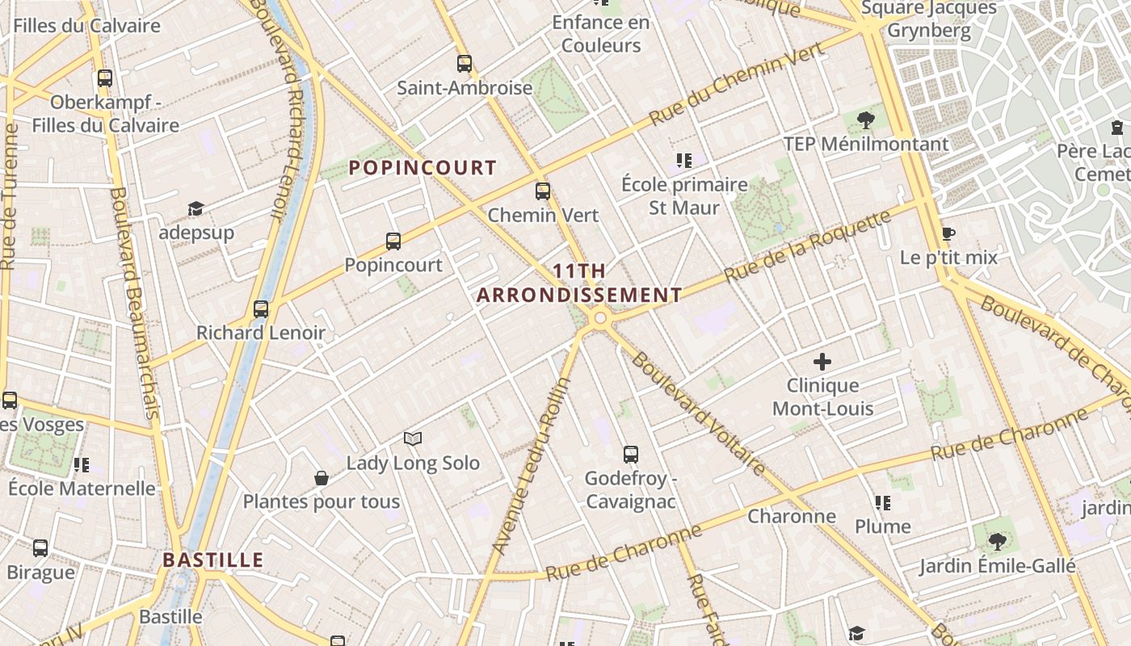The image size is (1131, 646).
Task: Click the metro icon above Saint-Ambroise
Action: (464, 63)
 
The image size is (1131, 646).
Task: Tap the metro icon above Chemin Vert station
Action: (543, 191)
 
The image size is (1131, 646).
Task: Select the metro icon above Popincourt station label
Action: (393, 241)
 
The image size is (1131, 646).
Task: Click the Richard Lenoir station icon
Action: (260, 308)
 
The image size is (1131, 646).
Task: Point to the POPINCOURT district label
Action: (423, 168)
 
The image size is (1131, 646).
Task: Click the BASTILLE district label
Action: (213, 560)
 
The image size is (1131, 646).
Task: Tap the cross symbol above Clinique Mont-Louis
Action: (822, 362)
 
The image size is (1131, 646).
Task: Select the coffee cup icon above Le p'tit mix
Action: (948, 234)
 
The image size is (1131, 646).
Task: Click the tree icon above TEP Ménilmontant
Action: (866, 120)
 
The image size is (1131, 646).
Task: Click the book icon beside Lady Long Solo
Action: (413, 438)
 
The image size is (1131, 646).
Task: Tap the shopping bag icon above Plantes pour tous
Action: (322, 478)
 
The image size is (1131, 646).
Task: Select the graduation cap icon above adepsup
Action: (196, 209)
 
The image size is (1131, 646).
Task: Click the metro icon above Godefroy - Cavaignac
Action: (630, 455)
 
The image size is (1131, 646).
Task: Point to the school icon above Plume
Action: (883, 503)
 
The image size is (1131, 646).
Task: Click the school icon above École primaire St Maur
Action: (684, 161)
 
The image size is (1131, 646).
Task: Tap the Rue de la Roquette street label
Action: (808, 246)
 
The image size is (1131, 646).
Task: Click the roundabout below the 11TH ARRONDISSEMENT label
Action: (599, 319)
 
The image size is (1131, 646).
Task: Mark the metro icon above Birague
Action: (40, 548)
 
